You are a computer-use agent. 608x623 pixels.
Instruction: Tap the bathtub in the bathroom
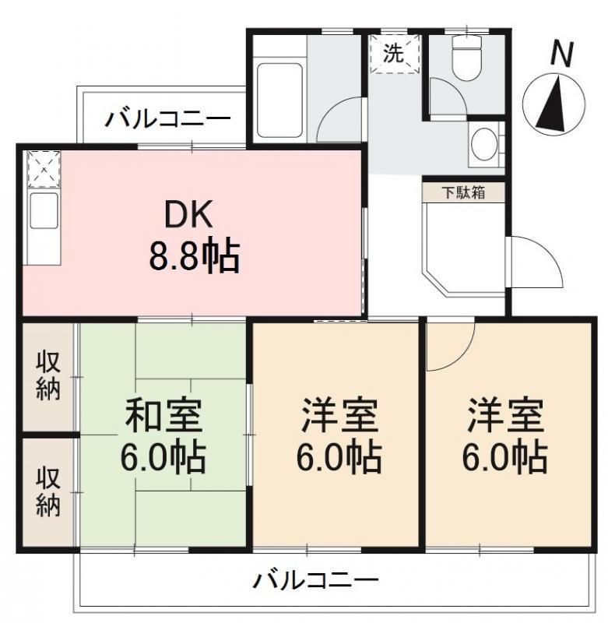pyautogui.click(x=279, y=100)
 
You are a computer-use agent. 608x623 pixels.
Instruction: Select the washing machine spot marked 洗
pyautogui.click(x=395, y=54)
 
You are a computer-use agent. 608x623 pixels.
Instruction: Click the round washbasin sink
pyautogui.click(x=483, y=143)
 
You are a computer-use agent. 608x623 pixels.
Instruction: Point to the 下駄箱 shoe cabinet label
pyautogui.click(x=464, y=192)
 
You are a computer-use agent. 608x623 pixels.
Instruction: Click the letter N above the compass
pyautogui.click(x=561, y=54)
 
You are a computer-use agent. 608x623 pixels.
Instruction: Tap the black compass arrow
pyautogui.click(x=553, y=104)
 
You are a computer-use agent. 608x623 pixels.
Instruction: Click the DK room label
pyautogui.click(x=188, y=215)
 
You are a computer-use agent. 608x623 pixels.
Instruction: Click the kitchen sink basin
pyautogui.click(x=44, y=210)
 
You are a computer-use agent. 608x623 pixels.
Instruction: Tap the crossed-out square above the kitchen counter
pyautogui.click(x=44, y=169)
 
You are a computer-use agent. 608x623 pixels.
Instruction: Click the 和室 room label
pyautogui.click(x=163, y=416)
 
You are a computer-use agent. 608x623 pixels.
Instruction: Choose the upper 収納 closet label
pyautogui.click(x=48, y=375)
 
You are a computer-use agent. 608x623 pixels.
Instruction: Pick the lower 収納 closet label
pyautogui.click(x=48, y=493)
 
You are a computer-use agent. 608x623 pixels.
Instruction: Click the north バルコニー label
pyautogui.click(x=167, y=118)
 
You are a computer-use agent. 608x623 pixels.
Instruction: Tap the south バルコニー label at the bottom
pyautogui.click(x=316, y=581)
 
